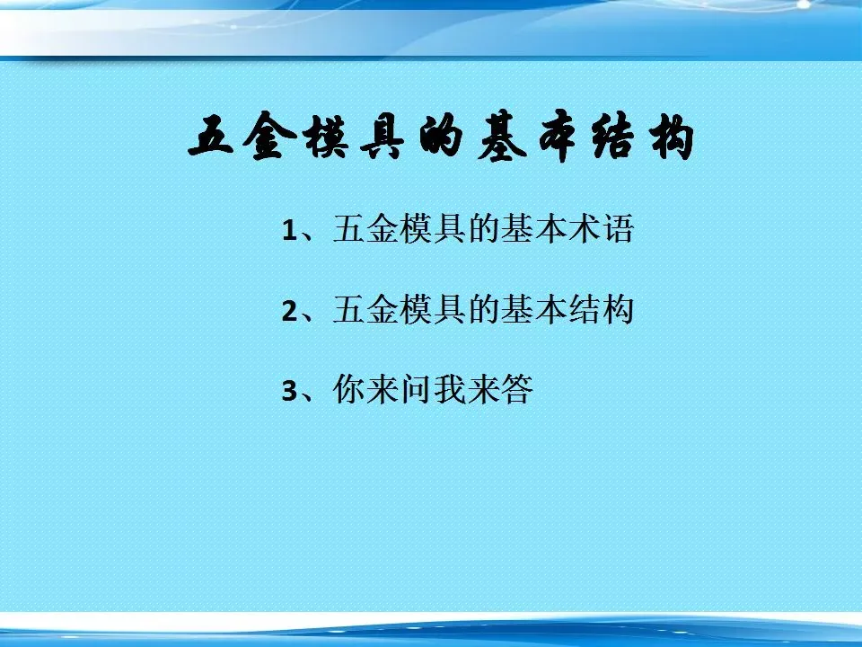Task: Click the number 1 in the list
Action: tap(290, 230)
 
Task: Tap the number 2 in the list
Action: tap(290, 312)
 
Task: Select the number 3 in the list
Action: tap(290, 391)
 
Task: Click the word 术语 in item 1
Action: tap(601, 228)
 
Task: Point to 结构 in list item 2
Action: tap(601, 309)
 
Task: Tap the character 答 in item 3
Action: tap(516, 389)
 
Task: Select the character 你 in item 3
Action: tap(349, 389)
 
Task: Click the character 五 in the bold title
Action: tap(211, 136)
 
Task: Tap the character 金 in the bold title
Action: tap(269, 136)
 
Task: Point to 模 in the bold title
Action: tap(327, 136)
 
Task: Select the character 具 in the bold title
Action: tap(383, 136)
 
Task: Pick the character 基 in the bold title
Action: tap(501, 136)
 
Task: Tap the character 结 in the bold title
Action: tap(613, 136)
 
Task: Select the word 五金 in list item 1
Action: tap(365, 228)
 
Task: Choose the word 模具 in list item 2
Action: tap(433, 309)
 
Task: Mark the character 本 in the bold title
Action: tap(558, 136)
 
